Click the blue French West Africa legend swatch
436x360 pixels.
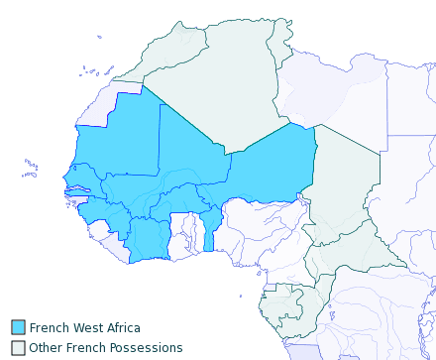(x=18, y=328)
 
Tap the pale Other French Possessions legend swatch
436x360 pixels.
(x=18, y=348)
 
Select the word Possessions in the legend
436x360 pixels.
(x=142, y=348)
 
